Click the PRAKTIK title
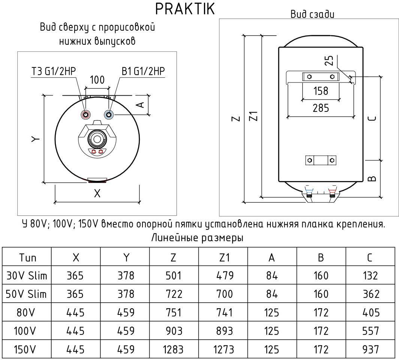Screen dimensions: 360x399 [185, 9]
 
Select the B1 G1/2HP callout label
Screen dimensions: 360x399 [144, 71]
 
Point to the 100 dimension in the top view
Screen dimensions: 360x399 [97, 80]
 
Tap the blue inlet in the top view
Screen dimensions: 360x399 [109, 114]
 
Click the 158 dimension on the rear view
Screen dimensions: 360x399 [321, 91]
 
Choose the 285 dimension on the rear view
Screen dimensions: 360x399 [321, 108]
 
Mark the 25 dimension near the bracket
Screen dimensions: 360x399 [329, 61]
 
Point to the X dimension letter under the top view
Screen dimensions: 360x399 [97, 193]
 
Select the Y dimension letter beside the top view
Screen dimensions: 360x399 [35, 139]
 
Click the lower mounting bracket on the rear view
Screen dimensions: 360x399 [321, 160]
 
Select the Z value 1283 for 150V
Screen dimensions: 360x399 [173, 350]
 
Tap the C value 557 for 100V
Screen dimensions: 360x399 [371, 331]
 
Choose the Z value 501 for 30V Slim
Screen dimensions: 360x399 [173, 276]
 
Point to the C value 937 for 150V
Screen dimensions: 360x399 [371, 350]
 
